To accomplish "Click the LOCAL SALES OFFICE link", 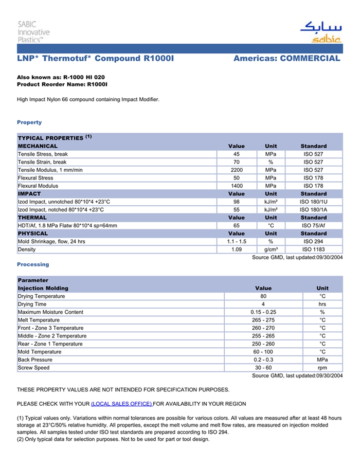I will pos(121,404).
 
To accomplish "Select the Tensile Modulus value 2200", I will pos(236,170).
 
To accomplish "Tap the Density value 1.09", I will pos(236,249).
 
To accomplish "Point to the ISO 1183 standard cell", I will pos(313,249).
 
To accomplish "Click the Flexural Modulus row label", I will pos(38,186).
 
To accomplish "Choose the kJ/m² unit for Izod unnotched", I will pos(271,202).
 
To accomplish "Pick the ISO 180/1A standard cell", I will pos(313,210).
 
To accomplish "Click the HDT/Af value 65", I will pos(236,225).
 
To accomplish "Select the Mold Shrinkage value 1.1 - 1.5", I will pos(236,241).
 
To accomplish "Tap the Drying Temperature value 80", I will pos(263,296).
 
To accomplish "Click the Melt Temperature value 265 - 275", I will pos(263,320).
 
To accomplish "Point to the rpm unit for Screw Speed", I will pos(322,368).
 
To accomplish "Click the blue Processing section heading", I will pos(33,264).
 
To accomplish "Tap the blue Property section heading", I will pos(29,122).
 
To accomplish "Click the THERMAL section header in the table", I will pos(32,218).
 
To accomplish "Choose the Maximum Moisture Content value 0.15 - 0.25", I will pos(263,312).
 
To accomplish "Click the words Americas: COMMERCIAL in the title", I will pos(286,59).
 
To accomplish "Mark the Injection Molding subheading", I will pos(43,288).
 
